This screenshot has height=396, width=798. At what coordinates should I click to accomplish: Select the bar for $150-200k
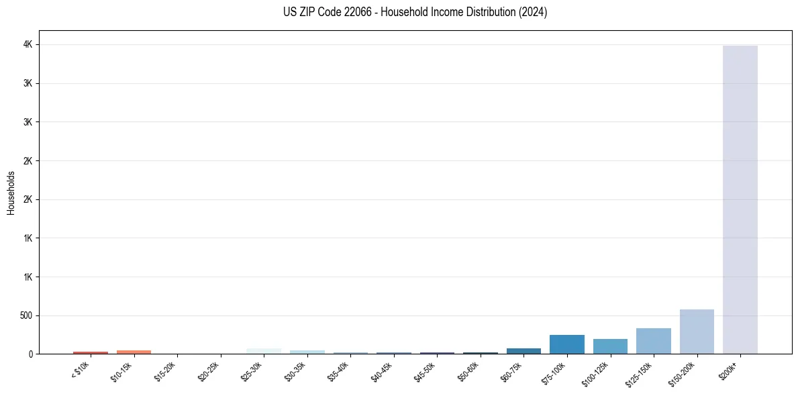pyautogui.click(x=697, y=332)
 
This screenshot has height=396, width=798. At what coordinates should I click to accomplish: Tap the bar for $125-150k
pyautogui.click(x=653, y=341)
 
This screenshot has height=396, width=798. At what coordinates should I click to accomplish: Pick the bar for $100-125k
pyautogui.click(x=610, y=346)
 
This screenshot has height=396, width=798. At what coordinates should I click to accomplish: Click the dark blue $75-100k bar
pyautogui.click(x=566, y=344)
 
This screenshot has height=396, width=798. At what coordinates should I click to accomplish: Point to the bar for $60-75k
pyautogui.click(x=523, y=351)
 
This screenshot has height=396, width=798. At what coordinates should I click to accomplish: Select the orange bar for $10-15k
pyautogui.click(x=134, y=352)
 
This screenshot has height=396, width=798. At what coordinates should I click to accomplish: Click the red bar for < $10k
pyautogui.click(x=91, y=352)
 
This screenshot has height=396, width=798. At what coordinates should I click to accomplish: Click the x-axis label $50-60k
pyautogui.click(x=468, y=371)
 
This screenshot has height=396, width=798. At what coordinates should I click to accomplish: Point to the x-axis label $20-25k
pyautogui.click(x=208, y=371)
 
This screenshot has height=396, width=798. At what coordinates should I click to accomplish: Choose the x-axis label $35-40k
pyautogui.click(x=338, y=371)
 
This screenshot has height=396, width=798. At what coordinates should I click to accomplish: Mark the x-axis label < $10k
pyautogui.click(x=80, y=370)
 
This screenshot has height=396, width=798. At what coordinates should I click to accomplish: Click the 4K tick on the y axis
pyautogui.click(x=29, y=45)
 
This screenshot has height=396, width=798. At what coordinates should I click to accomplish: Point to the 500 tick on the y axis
pyautogui.click(x=27, y=315)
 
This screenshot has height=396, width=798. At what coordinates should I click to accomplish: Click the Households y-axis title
pyautogui.click(x=11, y=193)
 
